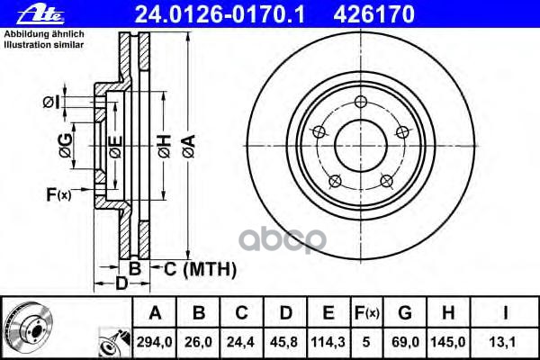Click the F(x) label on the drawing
click(57, 193)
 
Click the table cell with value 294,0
click(155, 342)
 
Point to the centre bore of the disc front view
click(360, 142)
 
